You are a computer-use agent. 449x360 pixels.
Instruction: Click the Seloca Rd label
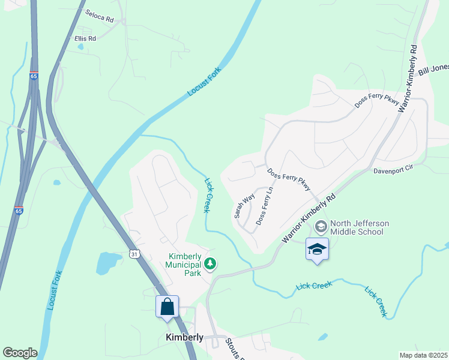pos(99,16)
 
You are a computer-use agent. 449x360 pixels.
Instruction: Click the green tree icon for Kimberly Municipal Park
pos(210,263)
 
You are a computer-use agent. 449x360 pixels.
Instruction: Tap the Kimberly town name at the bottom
pos(184,337)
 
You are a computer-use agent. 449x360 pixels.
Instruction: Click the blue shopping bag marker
pos(167,307)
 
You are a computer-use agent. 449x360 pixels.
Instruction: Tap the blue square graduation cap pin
pos(317,250)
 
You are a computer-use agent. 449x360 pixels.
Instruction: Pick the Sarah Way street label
pos(244,205)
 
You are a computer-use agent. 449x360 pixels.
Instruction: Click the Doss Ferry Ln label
pos(265,206)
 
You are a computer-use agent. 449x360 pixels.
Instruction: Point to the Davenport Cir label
pos(394,170)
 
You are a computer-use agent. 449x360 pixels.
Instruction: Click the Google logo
pos(20,353)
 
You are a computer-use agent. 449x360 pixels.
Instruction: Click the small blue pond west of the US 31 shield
pos(109,263)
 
